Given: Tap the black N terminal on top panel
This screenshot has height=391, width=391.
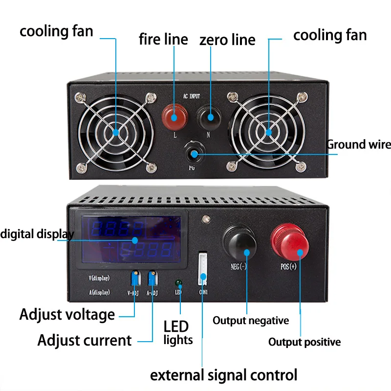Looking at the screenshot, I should click(x=210, y=116).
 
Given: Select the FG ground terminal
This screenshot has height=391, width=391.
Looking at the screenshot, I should click(x=194, y=154).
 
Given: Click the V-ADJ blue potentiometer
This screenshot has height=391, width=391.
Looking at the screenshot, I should click(x=135, y=278).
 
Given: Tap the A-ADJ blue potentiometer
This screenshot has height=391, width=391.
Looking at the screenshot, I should click(x=152, y=278).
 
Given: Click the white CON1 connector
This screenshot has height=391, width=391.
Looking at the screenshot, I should click(x=203, y=268).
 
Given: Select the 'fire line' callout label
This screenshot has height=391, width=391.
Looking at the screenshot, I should click(x=163, y=39).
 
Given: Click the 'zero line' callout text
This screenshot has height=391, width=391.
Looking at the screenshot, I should click(x=227, y=40).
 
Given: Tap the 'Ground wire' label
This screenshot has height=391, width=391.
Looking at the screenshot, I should click(x=359, y=144).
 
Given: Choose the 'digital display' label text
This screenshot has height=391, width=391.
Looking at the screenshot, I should click(x=37, y=234).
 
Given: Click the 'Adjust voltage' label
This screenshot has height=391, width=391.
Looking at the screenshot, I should click(x=67, y=314).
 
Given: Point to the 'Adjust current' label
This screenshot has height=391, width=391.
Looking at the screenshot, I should click(x=85, y=340).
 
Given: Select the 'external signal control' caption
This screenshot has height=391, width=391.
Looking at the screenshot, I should click(x=223, y=375).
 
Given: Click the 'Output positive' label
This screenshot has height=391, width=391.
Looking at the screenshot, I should click(x=304, y=342).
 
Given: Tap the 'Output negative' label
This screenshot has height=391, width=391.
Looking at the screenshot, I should click(x=251, y=321).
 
